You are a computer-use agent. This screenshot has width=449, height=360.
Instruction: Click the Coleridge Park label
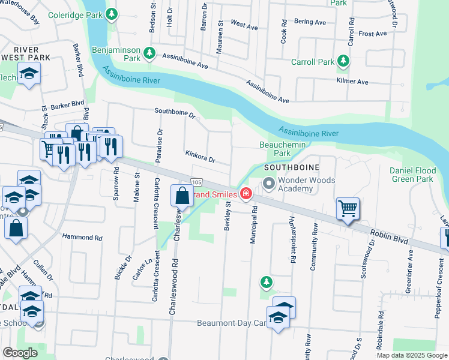click(74, 14)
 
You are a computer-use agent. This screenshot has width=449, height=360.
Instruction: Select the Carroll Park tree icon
click(343, 61)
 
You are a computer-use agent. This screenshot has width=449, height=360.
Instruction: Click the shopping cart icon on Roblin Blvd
click(348, 209)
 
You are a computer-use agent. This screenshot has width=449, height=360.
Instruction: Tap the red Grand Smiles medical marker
click(246, 193)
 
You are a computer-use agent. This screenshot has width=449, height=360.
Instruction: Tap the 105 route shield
click(196, 181)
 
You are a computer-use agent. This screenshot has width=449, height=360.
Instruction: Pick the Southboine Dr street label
click(175, 112)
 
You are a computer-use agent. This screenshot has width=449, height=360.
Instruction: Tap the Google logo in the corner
click(20, 353)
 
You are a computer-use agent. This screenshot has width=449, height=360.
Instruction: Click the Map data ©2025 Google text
click(412, 355)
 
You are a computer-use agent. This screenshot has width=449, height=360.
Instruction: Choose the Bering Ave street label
click(310, 22)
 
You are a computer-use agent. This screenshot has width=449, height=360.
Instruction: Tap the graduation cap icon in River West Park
click(28, 75)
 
